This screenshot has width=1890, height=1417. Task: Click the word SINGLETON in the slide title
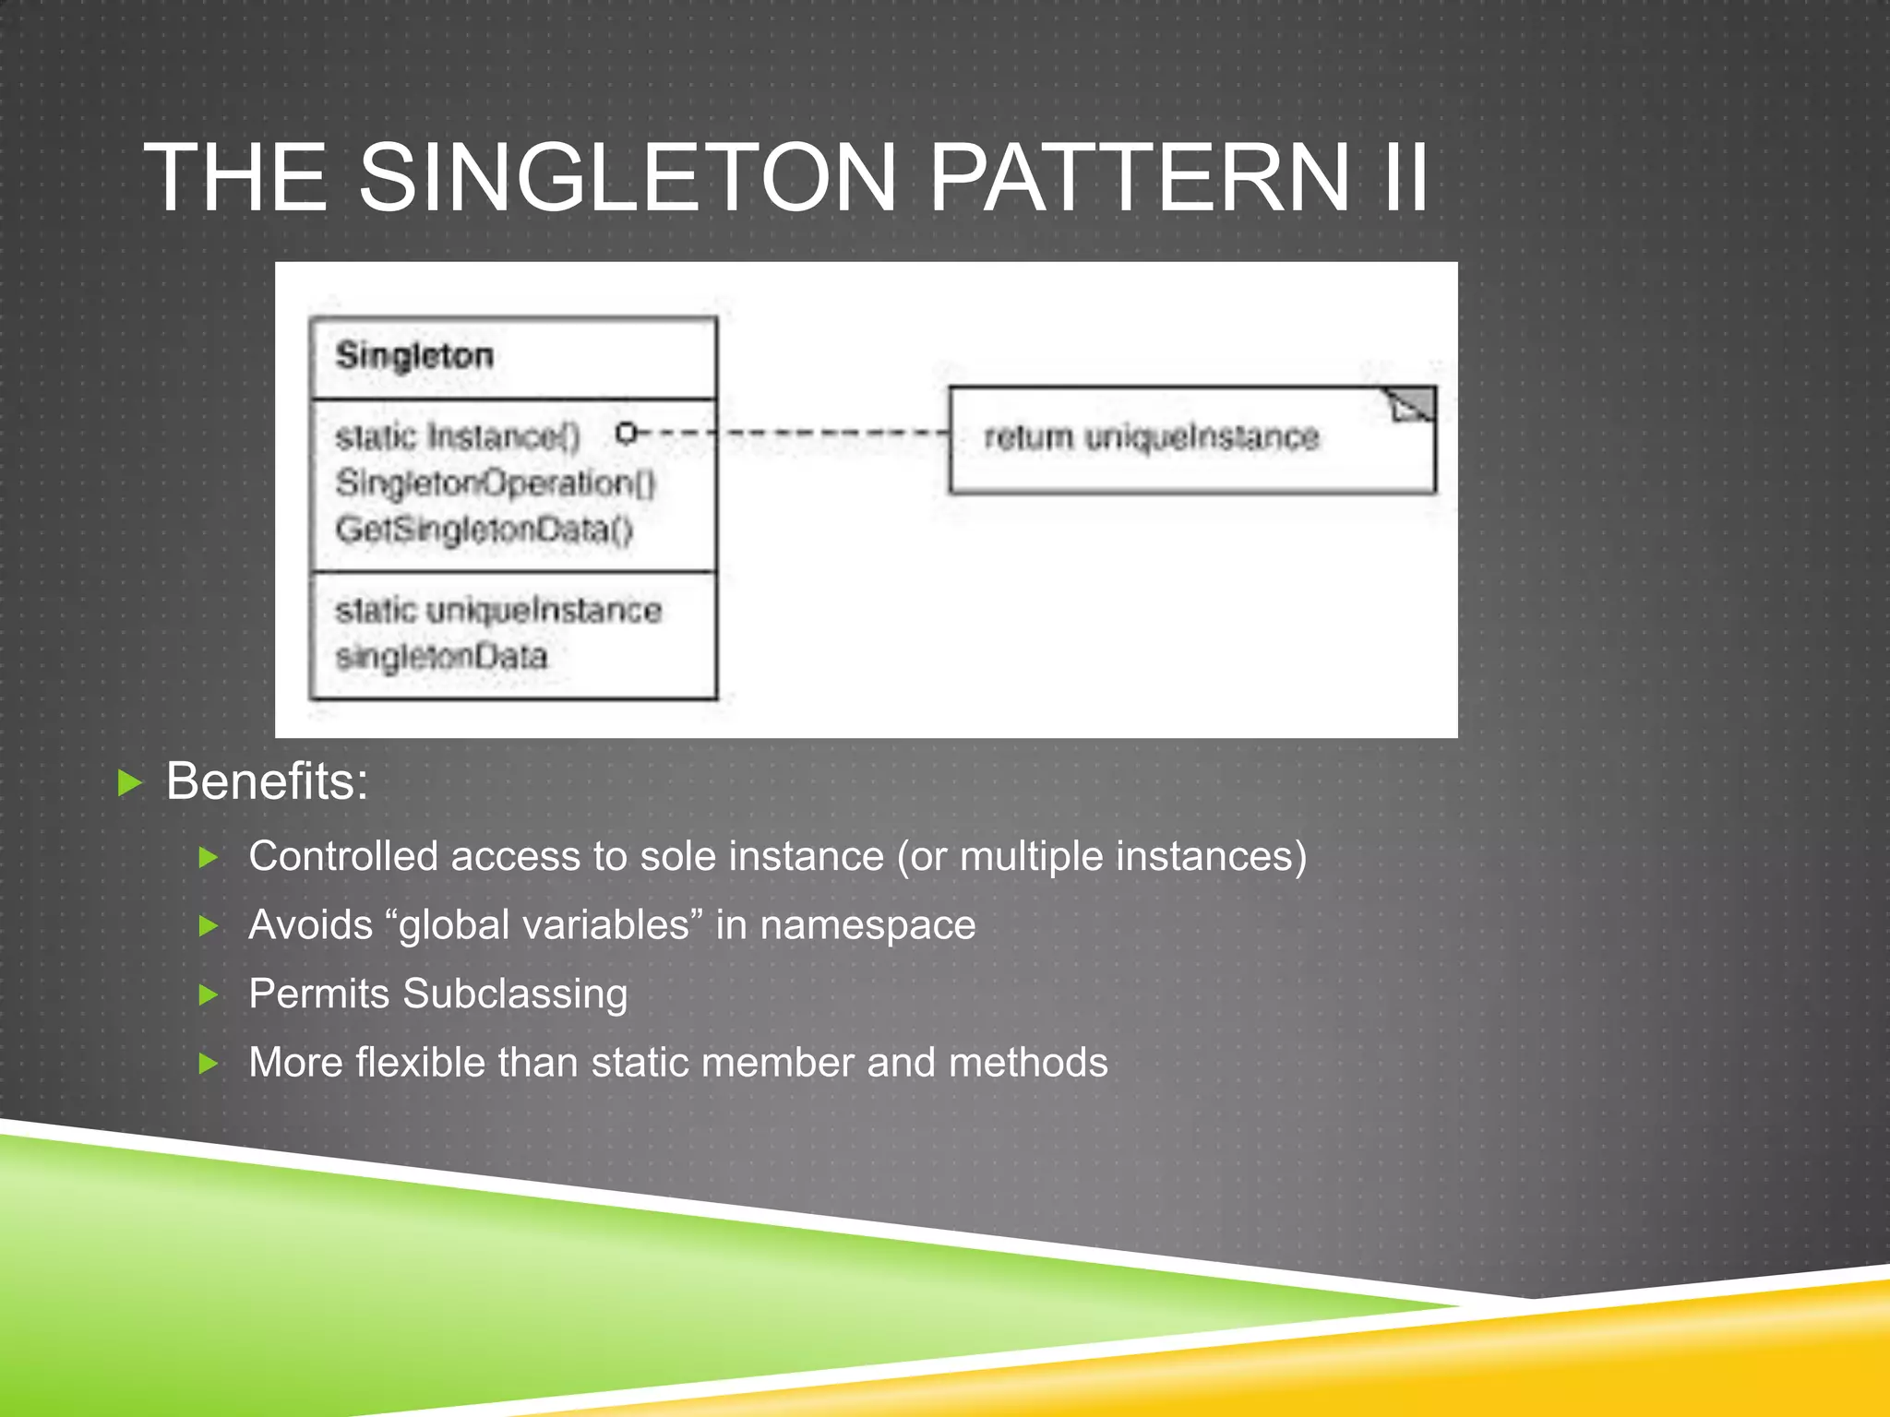click(x=627, y=177)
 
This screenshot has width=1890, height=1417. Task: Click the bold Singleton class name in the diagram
click(x=414, y=356)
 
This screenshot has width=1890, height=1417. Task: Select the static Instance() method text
click(x=458, y=436)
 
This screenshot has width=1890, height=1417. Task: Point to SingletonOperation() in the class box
click(x=496, y=482)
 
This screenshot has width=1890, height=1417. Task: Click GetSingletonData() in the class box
click(x=484, y=530)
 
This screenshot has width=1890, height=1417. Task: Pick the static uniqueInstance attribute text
click(x=498, y=611)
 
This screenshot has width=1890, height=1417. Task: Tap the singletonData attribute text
click(x=441, y=657)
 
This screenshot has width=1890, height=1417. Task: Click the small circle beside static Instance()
click(x=626, y=432)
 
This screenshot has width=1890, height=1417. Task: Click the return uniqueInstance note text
click(x=1151, y=436)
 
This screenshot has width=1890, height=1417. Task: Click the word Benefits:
click(x=267, y=781)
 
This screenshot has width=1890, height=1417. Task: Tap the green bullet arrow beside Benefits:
click(x=131, y=784)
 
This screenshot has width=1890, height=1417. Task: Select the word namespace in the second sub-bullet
click(x=867, y=924)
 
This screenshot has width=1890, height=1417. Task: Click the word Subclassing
click(x=515, y=994)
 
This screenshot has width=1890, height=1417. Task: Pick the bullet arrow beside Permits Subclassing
click(x=209, y=994)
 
